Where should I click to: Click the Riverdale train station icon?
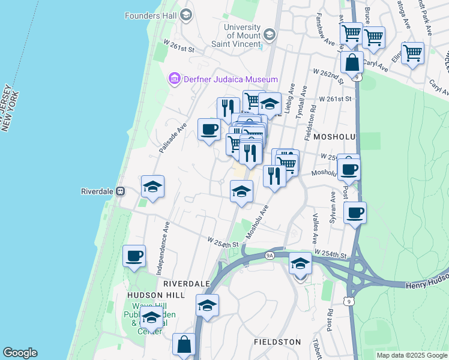coord(121,191)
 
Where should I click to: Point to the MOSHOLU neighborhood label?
coord(330,137)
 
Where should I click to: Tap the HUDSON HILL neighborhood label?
coord(153,295)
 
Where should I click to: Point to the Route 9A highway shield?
coord(270,256)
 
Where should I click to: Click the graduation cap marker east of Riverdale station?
coord(152,187)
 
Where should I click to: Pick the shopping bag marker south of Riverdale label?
coord(184,344)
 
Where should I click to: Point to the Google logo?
coord(20,353)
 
